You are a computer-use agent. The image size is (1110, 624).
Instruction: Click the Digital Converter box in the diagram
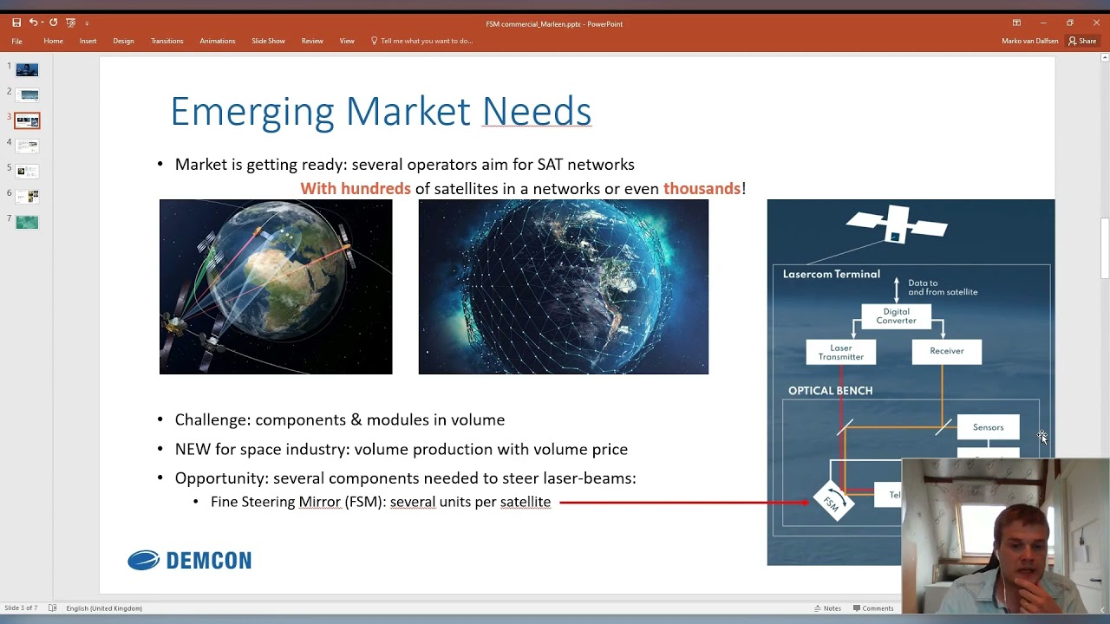[896, 316]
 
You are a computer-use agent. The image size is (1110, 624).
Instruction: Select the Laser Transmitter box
[840, 352]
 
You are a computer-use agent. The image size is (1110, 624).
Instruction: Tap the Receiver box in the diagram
[946, 351]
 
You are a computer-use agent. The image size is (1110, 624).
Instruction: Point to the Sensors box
[988, 427]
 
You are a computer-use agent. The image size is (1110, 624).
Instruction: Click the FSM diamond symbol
[832, 502]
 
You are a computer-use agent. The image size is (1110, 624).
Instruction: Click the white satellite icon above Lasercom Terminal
[896, 224]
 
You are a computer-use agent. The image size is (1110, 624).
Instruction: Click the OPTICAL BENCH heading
[830, 391]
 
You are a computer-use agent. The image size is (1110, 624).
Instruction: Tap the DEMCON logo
[190, 561]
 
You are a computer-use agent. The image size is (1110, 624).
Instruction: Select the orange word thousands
[702, 189]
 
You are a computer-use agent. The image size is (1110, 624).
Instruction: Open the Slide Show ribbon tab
[268, 41]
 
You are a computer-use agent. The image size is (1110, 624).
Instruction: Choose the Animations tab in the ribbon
[217, 41]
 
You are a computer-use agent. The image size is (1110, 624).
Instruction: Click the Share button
[1083, 41]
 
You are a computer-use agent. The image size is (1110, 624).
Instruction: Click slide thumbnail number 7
[27, 222]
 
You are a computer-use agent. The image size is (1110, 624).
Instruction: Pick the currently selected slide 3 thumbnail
[27, 120]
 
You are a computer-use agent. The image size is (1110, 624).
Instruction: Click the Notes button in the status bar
[827, 608]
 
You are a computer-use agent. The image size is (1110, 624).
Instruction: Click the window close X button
[1096, 23]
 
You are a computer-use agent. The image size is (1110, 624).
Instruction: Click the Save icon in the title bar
[16, 23]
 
